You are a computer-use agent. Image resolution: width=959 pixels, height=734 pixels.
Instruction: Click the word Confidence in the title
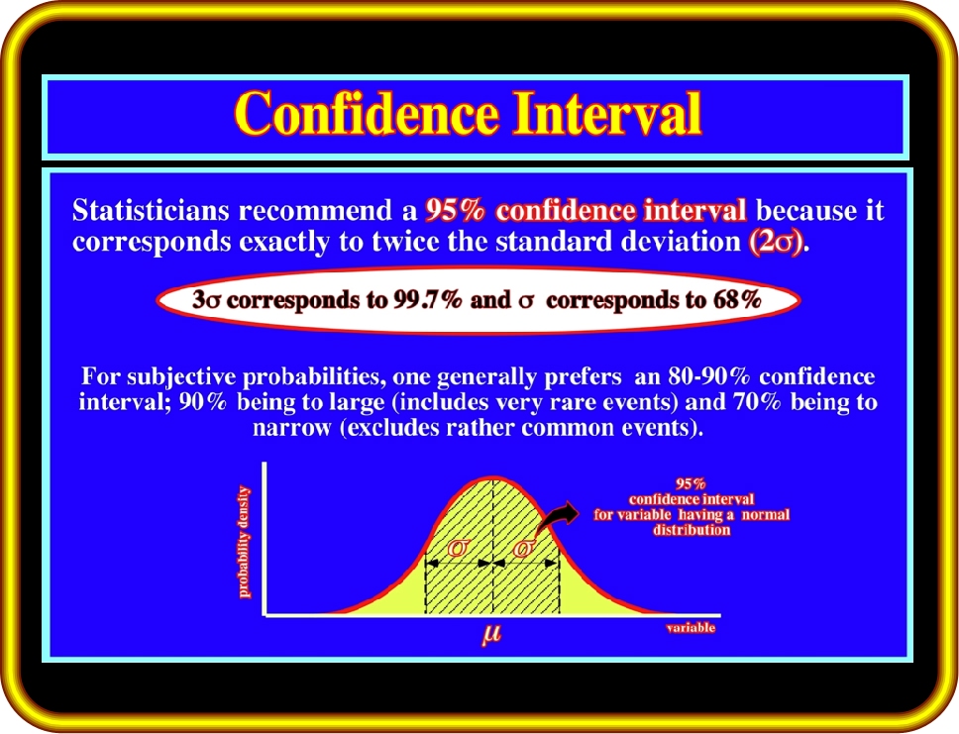tap(367, 113)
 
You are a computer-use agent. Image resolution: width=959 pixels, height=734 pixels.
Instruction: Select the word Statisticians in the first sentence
tap(151, 210)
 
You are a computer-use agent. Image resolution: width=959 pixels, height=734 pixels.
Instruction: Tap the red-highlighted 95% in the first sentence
tap(455, 210)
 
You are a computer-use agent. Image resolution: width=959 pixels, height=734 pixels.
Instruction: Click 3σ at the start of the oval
tap(206, 300)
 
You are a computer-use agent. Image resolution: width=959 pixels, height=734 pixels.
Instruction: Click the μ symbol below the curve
tap(491, 634)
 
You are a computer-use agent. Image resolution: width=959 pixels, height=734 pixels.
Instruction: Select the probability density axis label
tap(244, 542)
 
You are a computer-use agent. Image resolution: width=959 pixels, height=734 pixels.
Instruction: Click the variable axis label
tap(691, 628)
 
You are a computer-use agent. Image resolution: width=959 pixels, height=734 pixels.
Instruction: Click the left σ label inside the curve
tap(457, 548)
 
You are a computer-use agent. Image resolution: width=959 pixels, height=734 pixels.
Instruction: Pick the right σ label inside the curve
tap(523, 548)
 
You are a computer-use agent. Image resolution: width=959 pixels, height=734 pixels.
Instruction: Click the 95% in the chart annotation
tap(691, 483)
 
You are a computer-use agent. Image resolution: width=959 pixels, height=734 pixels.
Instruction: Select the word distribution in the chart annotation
tap(692, 530)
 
